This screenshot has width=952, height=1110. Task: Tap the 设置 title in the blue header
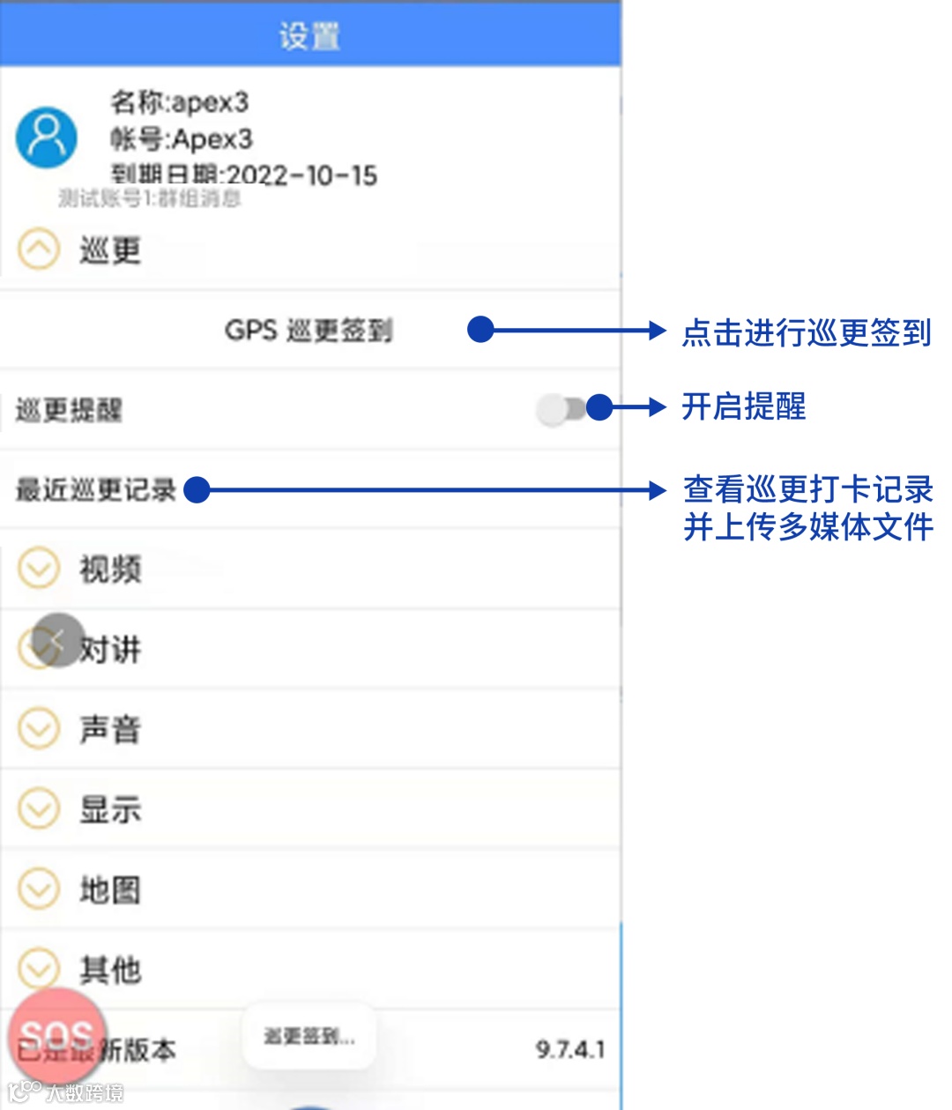point(309,37)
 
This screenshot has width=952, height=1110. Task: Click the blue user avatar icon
point(47,138)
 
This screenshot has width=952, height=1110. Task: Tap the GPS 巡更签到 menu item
point(309,331)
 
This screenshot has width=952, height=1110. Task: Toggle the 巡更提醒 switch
point(562,409)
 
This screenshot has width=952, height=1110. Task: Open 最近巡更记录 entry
point(96,489)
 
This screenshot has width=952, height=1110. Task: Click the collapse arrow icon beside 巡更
point(39,250)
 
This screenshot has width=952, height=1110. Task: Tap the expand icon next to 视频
point(39,569)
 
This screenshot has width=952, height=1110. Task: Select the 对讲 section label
point(110,650)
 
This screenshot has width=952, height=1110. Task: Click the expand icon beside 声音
point(39,729)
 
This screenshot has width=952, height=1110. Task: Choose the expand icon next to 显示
point(39,809)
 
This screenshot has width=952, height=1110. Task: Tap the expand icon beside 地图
point(39,890)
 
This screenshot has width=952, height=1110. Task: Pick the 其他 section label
point(110,970)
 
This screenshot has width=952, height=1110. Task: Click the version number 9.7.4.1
point(570,1049)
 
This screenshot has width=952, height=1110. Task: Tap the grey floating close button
point(58,640)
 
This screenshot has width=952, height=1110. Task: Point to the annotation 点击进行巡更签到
point(807,333)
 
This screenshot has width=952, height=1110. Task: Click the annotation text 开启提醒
point(744,407)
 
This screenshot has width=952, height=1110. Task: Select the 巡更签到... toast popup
point(309,1037)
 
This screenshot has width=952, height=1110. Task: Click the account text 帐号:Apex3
point(182,139)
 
